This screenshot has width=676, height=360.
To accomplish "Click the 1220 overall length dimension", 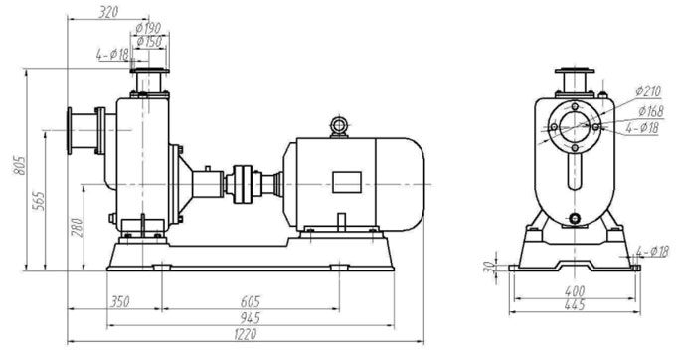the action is coord(246,334).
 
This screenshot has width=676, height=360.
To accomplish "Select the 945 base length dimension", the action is coord(251,318).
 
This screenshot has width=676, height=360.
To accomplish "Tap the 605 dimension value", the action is coord(251,301).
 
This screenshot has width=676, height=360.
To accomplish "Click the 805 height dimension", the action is coord(19,165).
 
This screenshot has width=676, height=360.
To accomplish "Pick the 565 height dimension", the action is coord(38,201).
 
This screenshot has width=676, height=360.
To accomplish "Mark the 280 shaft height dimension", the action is coord(77,227).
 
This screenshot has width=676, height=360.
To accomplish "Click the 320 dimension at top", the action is coord(107,12).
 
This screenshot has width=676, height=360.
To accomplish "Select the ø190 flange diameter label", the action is coord(148,28).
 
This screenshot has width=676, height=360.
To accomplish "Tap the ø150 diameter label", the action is coord(149,42).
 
